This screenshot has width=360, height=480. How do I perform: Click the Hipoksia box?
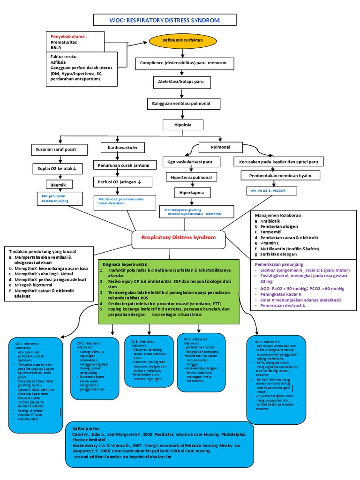tap(183, 125)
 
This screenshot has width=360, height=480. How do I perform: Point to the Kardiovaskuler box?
tap(120, 148)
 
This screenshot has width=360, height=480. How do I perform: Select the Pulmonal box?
tap(221, 147)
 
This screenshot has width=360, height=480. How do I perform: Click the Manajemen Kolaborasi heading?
tap(278, 215)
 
